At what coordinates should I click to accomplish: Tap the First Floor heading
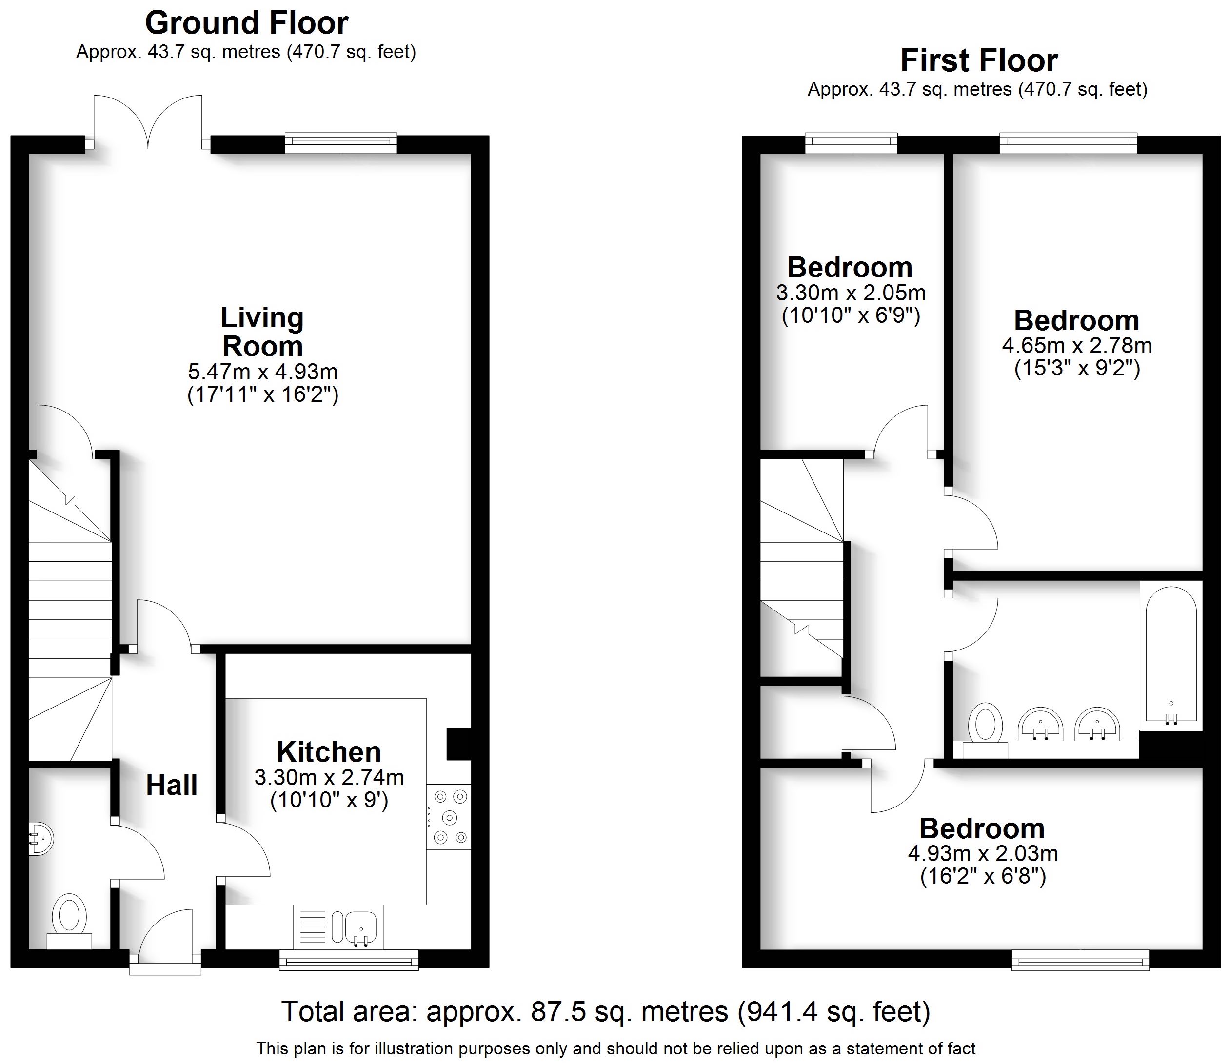pyautogui.click(x=979, y=60)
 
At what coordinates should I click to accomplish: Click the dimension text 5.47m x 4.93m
pyautogui.click(x=263, y=372)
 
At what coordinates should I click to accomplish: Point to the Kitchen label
pyautogui.click(x=329, y=752)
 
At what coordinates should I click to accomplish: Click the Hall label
pyautogui.click(x=171, y=786)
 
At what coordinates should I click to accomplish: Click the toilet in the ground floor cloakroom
pyautogui.click(x=69, y=918)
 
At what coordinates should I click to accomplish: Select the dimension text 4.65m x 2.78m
pyautogui.click(x=1076, y=345)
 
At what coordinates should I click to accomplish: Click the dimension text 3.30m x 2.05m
pyautogui.click(x=851, y=293)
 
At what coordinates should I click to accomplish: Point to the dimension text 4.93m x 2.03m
pyautogui.click(x=983, y=854)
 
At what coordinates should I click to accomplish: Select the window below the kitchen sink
pyautogui.click(x=349, y=960)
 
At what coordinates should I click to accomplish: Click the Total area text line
pyautogui.click(x=605, y=1011)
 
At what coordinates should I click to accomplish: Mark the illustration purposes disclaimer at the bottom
pyautogui.click(x=615, y=1049)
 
